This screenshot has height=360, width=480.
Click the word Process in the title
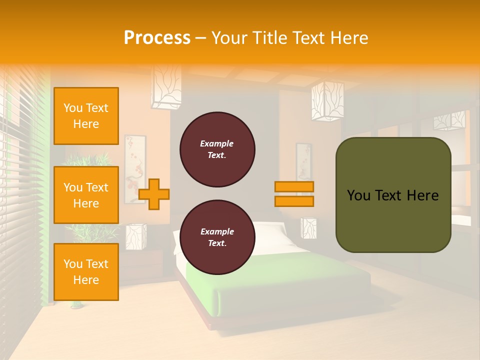156,37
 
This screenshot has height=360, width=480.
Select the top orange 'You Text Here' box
86,116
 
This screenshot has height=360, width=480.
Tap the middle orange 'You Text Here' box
86,195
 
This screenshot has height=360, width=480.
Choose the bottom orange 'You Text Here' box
86,272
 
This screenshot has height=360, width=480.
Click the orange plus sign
153,193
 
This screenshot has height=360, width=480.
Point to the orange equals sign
294,194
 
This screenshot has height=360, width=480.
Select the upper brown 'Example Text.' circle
217,149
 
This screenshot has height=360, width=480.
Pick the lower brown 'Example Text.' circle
217,237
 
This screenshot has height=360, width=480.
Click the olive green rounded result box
393,195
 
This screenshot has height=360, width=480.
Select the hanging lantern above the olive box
327,101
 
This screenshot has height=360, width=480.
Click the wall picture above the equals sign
303,161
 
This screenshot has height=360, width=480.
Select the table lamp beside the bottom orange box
135,236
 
